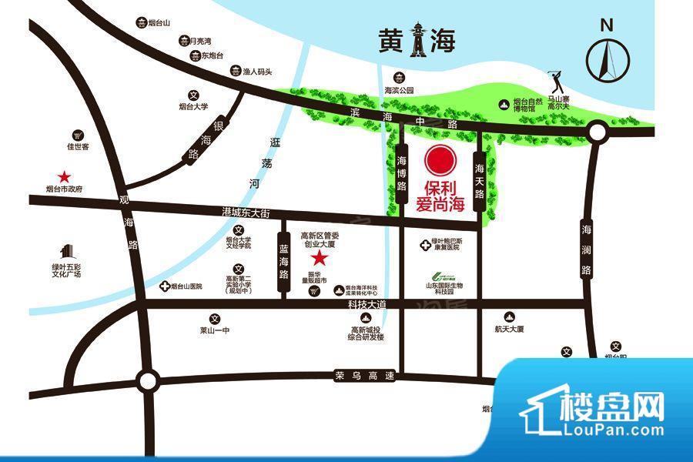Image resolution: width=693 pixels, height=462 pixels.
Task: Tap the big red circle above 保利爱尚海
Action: [440, 162]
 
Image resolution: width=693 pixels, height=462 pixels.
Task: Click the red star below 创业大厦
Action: [317, 259]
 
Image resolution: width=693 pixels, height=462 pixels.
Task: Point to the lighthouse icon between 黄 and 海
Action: [417, 39]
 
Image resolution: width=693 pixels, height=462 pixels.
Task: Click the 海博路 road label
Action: [403, 175]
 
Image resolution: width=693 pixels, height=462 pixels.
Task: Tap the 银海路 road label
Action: [199, 140]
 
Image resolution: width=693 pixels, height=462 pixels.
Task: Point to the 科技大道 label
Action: [366, 306]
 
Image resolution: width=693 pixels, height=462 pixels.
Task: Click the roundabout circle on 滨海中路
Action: [597, 133]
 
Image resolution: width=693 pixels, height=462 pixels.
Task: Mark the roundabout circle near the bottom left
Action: [146, 379]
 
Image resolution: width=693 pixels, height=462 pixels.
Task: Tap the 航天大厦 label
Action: [509, 329]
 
